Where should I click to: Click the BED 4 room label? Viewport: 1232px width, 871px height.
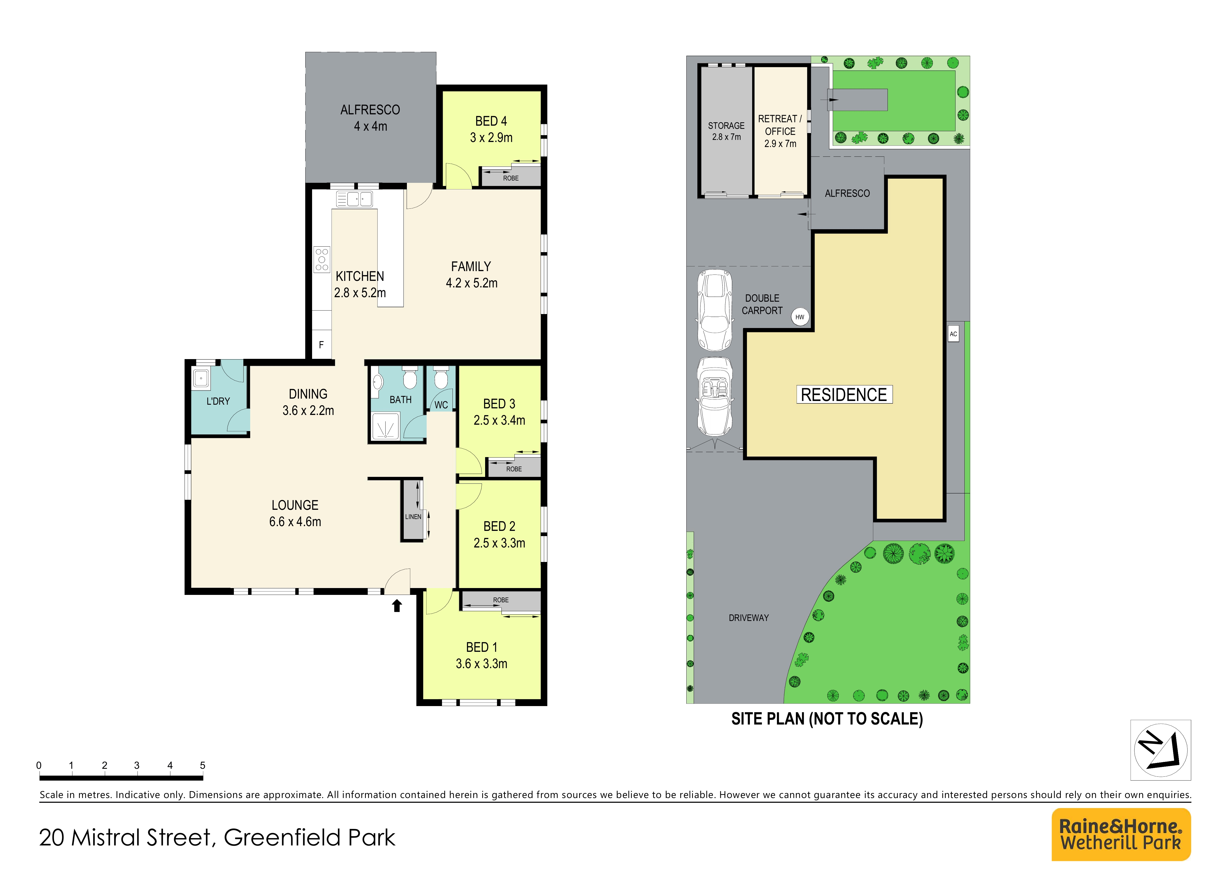click(491, 121)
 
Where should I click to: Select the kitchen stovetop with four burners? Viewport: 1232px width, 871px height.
click(322, 260)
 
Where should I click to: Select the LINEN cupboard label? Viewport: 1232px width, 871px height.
click(413, 517)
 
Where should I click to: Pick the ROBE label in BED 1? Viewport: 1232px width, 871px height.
click(501, 600)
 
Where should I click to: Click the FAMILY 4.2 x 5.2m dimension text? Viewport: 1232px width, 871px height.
click(472, 283)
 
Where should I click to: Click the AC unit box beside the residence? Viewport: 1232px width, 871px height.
click(953, 334)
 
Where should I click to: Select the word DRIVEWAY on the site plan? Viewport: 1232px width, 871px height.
click(748, 618)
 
